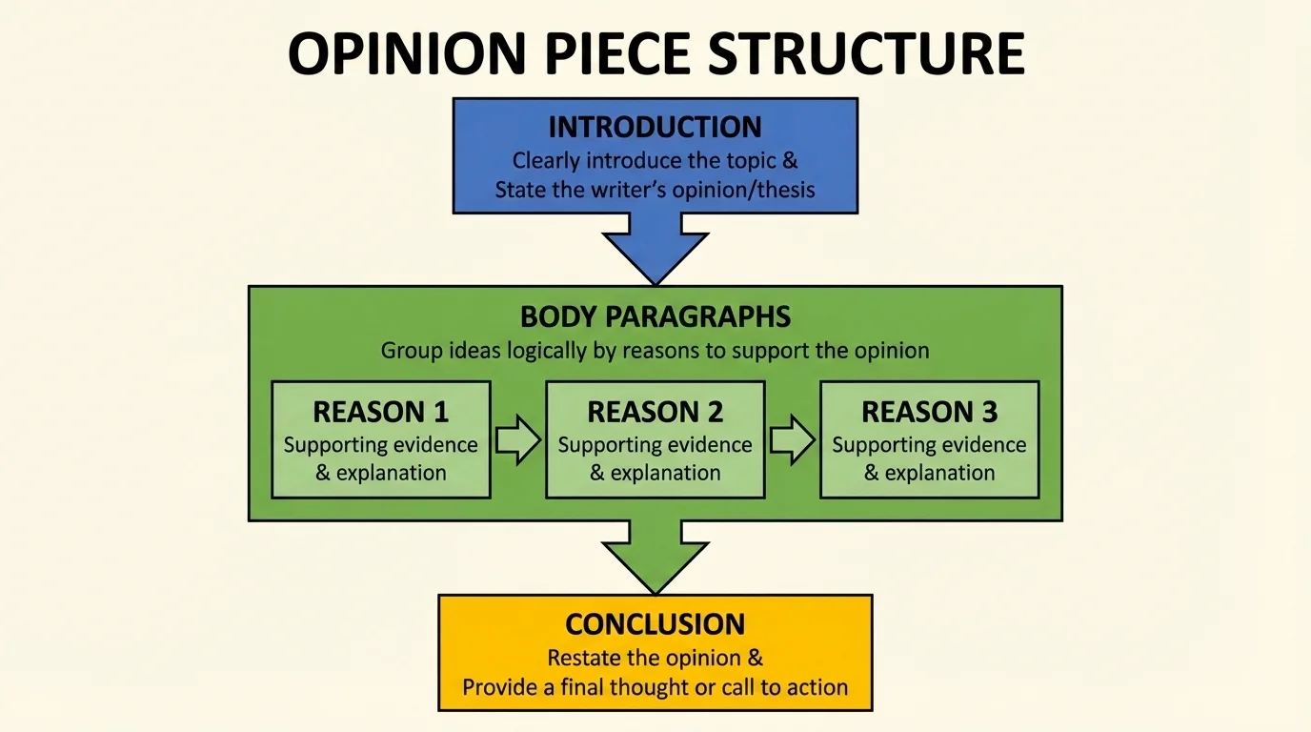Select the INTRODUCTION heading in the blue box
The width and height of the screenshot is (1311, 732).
pyautogui.click(x=655, y=128)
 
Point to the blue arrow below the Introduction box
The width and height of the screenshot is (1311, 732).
pyautogui.click(x=655, y=246)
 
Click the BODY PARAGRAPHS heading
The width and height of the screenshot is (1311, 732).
pyautogui.click(x=655, y=316)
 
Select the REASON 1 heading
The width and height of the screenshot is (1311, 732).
pyautogui.click(x=380, y=412)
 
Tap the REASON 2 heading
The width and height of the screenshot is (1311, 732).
pyautogui.click(x=655, y=412)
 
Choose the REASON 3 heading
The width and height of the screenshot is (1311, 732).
pyautogui.click(x=929, y=412)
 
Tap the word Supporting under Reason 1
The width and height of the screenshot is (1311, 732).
pyautogui.click(x=334, y=445)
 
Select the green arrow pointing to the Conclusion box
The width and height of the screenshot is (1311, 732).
pyautogui.click(x=655, y=555)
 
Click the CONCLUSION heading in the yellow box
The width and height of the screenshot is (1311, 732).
pyautogui.click(x=655, y=624)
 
